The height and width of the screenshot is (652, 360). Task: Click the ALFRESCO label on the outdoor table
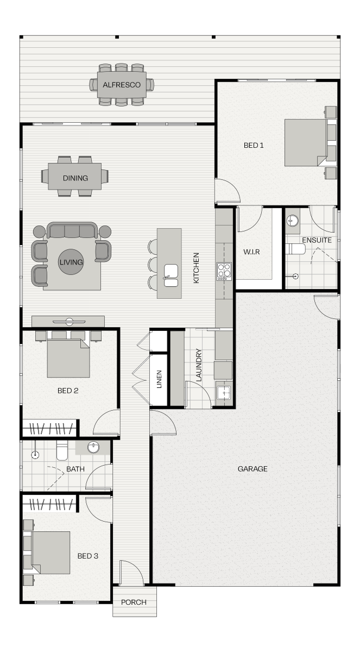[x=122, y=85]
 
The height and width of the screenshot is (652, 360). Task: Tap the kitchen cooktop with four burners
[x=224, y=271]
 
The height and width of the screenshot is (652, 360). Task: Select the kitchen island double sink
[x=170, y=275]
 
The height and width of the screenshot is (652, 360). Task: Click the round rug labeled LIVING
[x=71, y=262]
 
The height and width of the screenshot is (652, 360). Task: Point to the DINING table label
[x=75, y=178]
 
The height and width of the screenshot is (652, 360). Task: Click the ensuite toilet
[x=295, y=249]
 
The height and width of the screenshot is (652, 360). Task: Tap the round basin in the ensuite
[x=292, y=221]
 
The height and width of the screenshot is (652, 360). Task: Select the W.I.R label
[x=251, y=252]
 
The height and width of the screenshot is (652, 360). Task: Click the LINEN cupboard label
[x=159, y=379]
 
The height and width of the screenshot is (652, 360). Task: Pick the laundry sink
[x=224, y=393]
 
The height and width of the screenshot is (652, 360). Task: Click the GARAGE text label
[x=252, y=469]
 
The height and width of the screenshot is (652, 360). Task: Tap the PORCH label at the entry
[x=134, y=602]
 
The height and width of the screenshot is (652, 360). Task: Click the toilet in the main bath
[x=62, y=450]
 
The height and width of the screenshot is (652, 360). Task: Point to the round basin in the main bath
[x=93, y=447]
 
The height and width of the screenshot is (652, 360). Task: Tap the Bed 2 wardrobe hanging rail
[x=51, y=428]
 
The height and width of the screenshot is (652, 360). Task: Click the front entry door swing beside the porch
[x=132, y=572]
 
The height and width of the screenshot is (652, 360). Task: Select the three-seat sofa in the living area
[x=72, y=230]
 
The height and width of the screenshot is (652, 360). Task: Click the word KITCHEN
[x=196, y=268]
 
